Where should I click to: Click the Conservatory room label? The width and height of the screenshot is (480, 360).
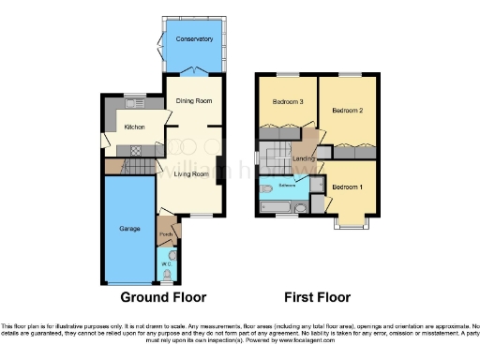pos(195,39)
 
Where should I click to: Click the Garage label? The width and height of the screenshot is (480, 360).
pos(128,228)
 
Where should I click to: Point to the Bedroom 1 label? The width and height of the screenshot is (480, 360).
pos(348,186)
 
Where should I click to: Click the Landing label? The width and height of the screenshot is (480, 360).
pos(302,159)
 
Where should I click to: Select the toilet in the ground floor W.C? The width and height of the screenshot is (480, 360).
pos(167,273)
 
